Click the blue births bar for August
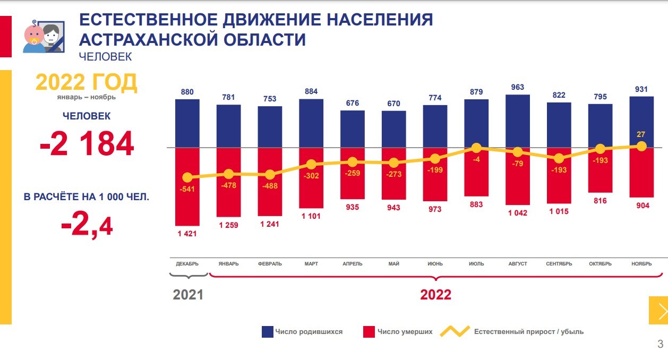(518, 121)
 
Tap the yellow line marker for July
(476, 148)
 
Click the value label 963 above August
(518, 87)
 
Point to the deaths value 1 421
(187, 233)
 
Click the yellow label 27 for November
(641, 134)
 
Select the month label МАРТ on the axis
(311, 264)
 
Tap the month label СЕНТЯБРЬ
(559, 264)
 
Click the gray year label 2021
(188, 295)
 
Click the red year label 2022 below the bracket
(435, 295)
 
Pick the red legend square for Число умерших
(370, 332)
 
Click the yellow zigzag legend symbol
(455, 331)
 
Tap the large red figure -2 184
(87, 144)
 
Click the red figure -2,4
(87, 227)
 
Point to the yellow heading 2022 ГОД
(86, 82)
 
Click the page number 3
(660, 344)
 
